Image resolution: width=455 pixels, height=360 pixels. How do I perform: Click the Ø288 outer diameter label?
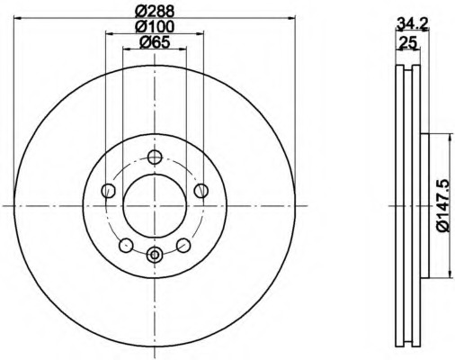154,10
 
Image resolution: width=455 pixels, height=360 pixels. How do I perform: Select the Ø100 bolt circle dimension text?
154,27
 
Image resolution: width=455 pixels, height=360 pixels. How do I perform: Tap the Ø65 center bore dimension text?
154,43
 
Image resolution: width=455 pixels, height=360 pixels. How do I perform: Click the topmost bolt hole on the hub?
155,158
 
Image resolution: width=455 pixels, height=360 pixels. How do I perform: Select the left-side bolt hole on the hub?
109,191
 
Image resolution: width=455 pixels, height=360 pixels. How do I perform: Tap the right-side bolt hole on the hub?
201,191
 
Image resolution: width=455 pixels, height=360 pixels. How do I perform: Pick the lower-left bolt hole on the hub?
127,245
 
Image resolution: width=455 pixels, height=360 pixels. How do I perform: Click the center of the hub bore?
155,206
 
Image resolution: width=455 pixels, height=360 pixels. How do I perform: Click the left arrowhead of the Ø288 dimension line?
18,18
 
